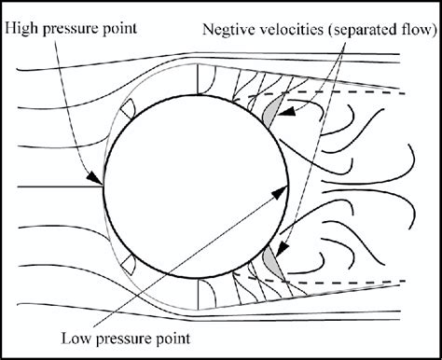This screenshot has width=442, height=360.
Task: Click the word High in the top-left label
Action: (x=21, y=28)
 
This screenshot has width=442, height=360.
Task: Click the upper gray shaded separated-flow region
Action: (x=270, y=113)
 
